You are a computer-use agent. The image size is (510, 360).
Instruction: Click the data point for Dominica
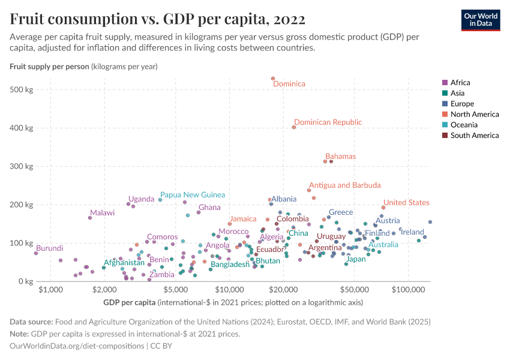point(273,79)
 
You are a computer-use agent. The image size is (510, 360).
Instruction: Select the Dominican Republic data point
point(294,127)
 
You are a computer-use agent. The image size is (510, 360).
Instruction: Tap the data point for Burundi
point(36,253)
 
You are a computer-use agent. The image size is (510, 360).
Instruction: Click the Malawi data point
point(90,218)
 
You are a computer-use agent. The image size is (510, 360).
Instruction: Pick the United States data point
point(383,208)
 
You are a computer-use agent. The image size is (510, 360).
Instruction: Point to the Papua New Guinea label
point(193,195)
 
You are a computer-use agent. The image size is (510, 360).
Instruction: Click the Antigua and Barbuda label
point(344,185)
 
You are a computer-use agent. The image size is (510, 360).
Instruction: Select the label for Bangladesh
point(230,265)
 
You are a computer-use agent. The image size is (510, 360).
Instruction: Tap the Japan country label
point(356,259)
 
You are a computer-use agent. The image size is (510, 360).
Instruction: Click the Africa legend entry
point(460,83)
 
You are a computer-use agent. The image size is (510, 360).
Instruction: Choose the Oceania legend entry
point(463,125)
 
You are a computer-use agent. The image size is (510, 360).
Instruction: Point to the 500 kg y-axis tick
point(23,90)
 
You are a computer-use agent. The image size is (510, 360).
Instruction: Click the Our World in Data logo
point(481,19)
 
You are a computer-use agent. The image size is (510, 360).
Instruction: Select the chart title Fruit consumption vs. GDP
point(158,19)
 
